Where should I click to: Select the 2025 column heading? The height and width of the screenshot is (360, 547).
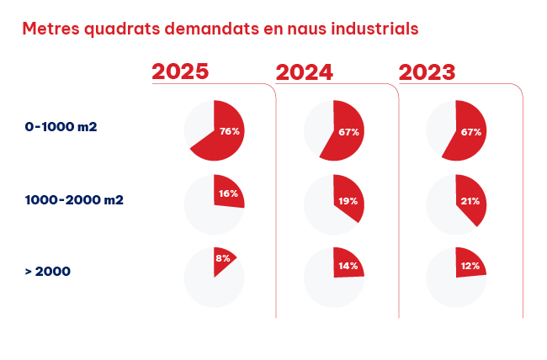coord(180,71)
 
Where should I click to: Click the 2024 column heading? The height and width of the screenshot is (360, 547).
coord(305,71)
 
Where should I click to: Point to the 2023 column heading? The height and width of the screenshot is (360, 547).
coord(427,71)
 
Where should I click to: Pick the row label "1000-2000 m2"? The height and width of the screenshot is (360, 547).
coord(74,200)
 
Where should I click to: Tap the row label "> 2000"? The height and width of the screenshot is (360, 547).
coord(49,271)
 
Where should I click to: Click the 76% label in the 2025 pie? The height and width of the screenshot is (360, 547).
coord(230,131)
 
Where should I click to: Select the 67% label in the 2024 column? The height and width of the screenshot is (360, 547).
coord(349,132)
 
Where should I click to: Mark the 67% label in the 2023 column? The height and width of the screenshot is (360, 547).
coord(470,132)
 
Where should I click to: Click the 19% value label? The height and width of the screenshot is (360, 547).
coord(348,201)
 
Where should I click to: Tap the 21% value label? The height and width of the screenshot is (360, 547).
coord(470,201)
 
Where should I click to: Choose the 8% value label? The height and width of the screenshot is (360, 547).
coord(223,258)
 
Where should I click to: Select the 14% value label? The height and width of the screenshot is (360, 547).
coord(348,266)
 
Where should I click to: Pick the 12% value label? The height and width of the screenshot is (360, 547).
coord(470,266)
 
